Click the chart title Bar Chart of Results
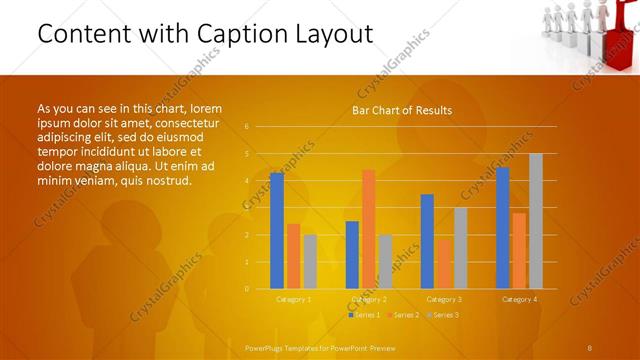click(x=402, y=110)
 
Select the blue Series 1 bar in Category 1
click(x=277, y=231)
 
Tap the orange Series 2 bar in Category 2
click(x=369, y=229)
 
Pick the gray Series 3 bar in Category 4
click(x=536, y=221)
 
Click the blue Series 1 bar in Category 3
click(x=427, y=241)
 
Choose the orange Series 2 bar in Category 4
click(x=519, y=251)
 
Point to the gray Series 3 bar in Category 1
click(x=310, y=262)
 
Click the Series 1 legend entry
click(x=364, y=315)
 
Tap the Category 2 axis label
click(x=369, y=299)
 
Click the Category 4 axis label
click(x=519, y=299)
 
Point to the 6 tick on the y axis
click(x=247, y=127)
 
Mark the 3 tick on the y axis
click(x=247, y=208)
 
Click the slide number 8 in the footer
click(x=590, y=347)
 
